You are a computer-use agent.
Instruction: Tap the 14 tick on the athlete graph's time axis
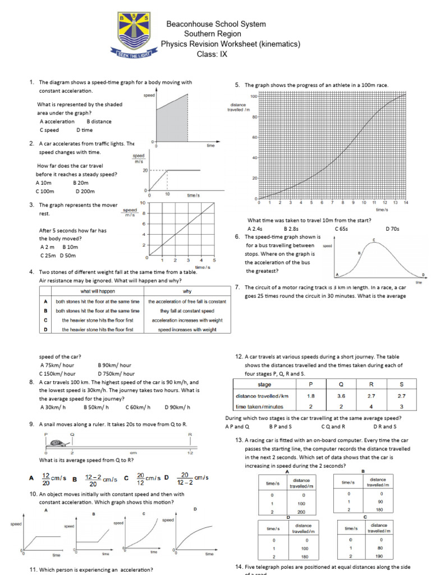pos(405,203)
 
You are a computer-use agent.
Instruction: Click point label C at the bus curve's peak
pos(374,240)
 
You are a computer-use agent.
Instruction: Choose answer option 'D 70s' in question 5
pos(392,229)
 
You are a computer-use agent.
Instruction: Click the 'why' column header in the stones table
pos(187,291)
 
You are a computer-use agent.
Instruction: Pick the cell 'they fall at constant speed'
pos(187,311)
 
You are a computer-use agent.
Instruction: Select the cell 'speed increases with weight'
pos(187,330)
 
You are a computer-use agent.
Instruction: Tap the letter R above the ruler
pos(190,434)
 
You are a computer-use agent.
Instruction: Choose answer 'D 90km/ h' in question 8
pos(177,407)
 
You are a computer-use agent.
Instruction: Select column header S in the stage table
pos(401,385)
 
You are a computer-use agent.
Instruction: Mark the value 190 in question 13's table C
pos(379,558)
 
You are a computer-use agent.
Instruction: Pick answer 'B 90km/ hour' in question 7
pos(114,365)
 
